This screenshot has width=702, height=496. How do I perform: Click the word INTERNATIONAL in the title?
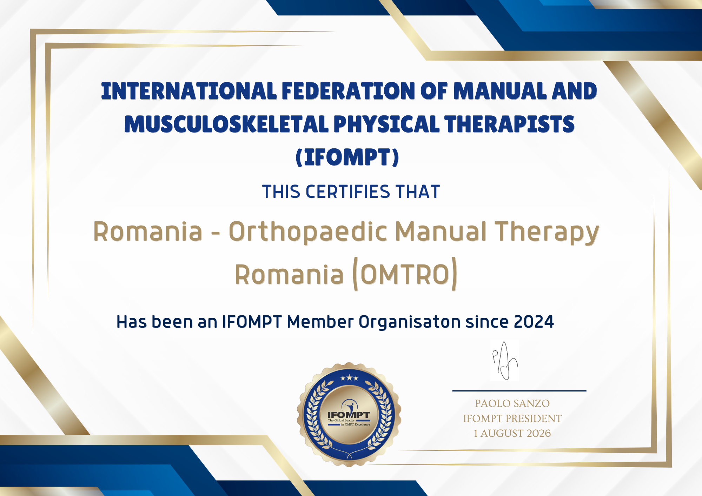[189, 91]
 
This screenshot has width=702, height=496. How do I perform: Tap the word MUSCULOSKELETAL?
[226, 124]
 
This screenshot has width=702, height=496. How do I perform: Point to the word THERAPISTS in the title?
[509, 124]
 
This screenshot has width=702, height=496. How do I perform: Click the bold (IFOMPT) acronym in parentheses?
[347, 157]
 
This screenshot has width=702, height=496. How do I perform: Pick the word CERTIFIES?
[347, 192]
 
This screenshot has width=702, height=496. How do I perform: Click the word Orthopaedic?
[308, 232]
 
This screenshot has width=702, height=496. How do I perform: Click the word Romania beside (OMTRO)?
[289, 274]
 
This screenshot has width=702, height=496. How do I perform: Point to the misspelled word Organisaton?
[410, 322]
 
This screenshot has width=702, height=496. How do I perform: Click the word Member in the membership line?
[320, 322]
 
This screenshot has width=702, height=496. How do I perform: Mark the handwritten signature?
[505, 361]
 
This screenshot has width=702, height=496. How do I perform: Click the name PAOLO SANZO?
[512, 403]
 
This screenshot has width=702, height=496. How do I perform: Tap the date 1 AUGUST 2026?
[512, 434]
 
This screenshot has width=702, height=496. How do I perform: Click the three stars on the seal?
[349, 378]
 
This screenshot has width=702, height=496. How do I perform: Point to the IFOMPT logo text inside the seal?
[349, 415]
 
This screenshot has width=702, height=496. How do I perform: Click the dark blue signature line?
[519, 390]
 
